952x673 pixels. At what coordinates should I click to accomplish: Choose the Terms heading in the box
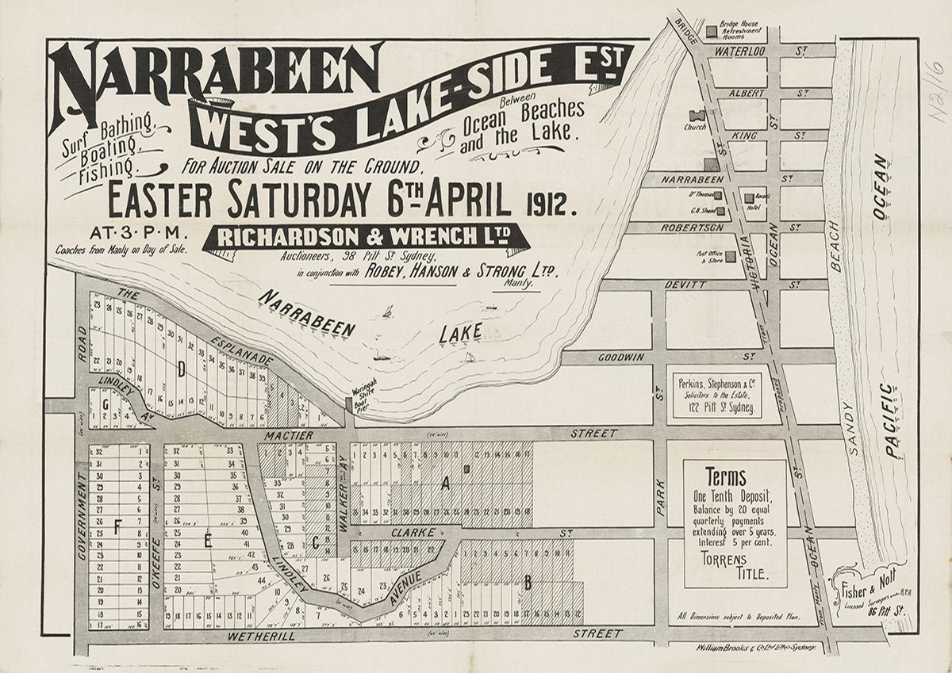pyautogui.click(x=725, y=477)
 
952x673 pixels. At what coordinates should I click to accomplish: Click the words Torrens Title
pyautogui.click(x=735, y=566)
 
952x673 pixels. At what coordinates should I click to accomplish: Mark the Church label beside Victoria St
pyautogui.click(x=694, y=127)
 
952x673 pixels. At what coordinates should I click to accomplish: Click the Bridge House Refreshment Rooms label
pyautogui.click(x=742, y=30)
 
